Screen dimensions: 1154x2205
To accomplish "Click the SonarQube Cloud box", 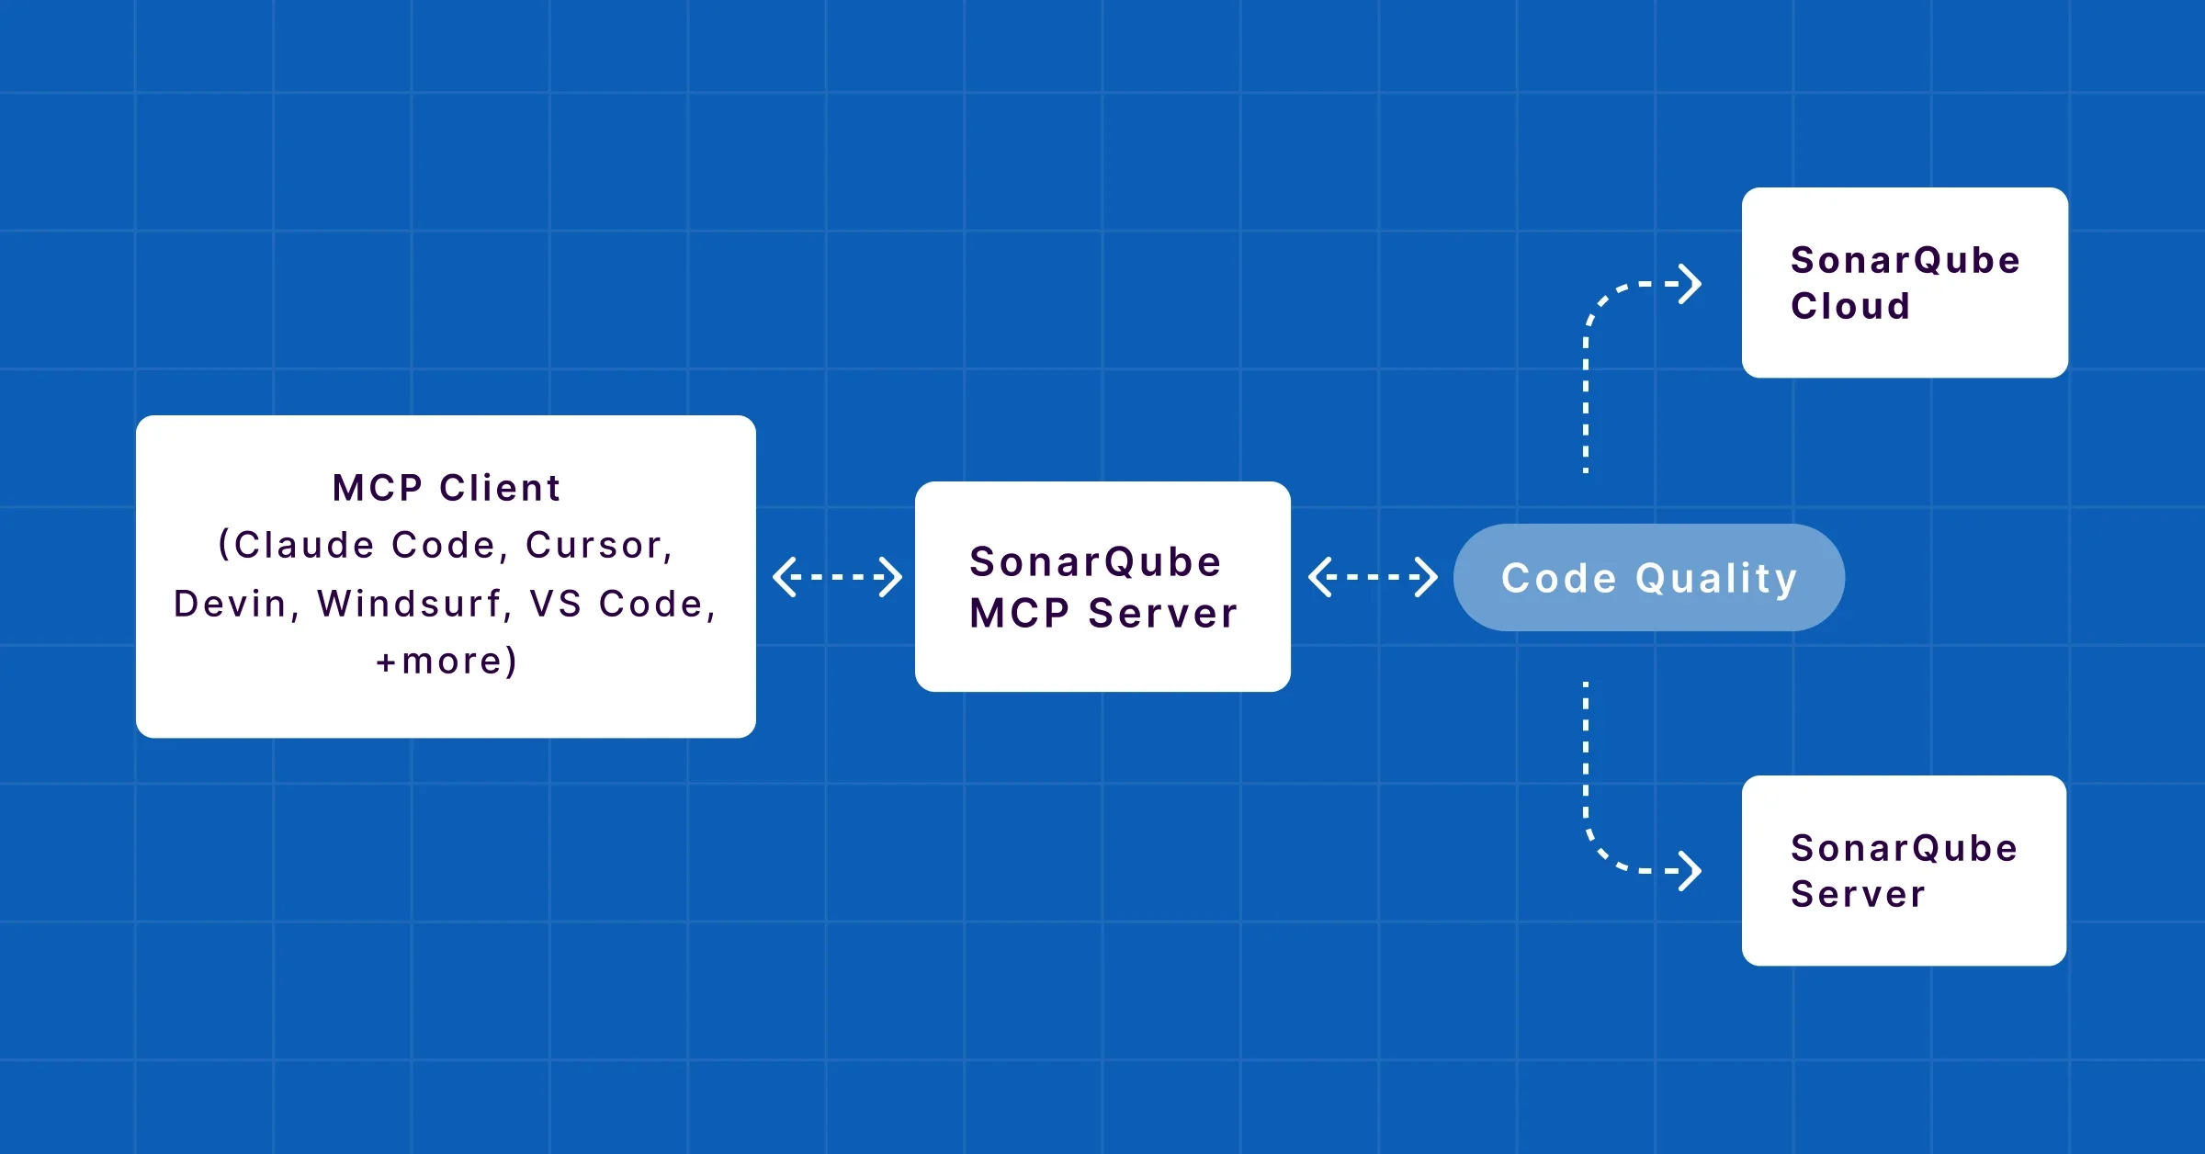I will click(x=1904, y=282).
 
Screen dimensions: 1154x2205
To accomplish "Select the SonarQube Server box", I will click(x=1904, y=870).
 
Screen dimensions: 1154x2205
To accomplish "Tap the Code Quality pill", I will click(x=1648, y=578).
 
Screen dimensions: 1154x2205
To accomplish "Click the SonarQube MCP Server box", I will click(x=1102, y=586).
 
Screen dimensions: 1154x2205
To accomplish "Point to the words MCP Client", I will click(x=447, y=488).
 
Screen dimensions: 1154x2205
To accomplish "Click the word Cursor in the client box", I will click(x=595, y=546).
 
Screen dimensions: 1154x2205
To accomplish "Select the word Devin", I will click(x=231, y=605).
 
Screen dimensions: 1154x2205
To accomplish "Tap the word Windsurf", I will click(x=410, y=605).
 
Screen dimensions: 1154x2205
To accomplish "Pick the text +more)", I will click(x=447, y=662).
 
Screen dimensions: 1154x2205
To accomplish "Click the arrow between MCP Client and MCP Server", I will click(x=837, y=577).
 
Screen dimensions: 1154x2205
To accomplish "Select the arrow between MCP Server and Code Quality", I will click(x=1373, y=577).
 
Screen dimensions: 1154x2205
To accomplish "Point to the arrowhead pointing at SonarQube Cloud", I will click(x=1690, y=284).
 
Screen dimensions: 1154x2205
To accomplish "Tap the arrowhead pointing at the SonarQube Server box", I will click(x=1690, y=870).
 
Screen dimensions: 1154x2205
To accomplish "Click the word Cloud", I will click(x=1850, y=307).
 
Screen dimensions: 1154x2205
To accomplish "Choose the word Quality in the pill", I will click(x=1716, y=580).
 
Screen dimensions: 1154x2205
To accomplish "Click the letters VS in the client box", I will click(x=555, y=605).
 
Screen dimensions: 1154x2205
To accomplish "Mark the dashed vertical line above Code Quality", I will click(x=1586, y=404).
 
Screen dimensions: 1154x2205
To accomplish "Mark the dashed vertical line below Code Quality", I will click(x=1586, y=753).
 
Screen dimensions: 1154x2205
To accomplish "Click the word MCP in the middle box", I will click(x=1019, y=614).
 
